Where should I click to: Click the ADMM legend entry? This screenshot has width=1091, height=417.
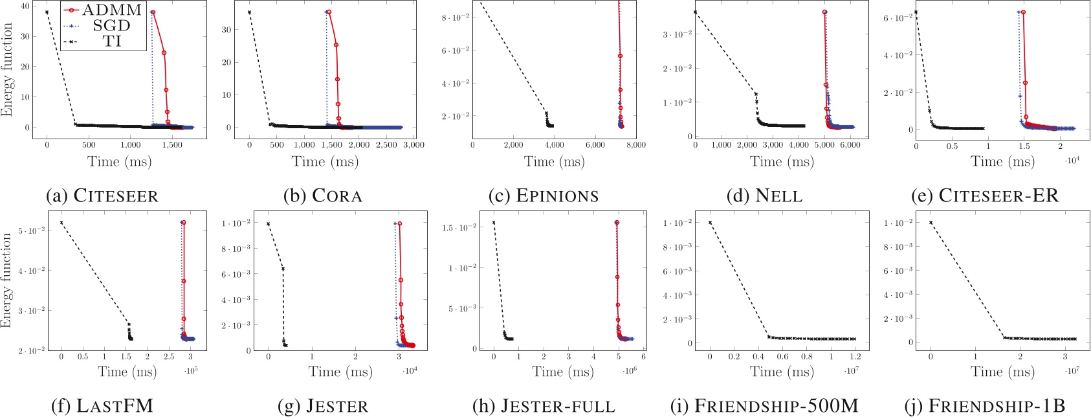tap(111, 10)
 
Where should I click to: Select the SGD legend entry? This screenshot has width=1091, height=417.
tap(111, 26)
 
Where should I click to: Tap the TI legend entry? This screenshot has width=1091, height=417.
tap(111, 41)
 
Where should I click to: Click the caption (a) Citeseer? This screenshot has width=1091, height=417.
tap(102, 196)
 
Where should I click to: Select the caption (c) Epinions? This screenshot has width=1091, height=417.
tap(544, 196)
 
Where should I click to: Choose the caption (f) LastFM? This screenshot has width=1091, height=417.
tap(102, 406)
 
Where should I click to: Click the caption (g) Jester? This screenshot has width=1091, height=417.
tap(323, 406)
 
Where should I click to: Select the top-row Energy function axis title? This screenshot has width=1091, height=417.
tap(7, 69)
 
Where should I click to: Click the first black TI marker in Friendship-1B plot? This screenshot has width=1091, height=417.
tap(931, 223)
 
